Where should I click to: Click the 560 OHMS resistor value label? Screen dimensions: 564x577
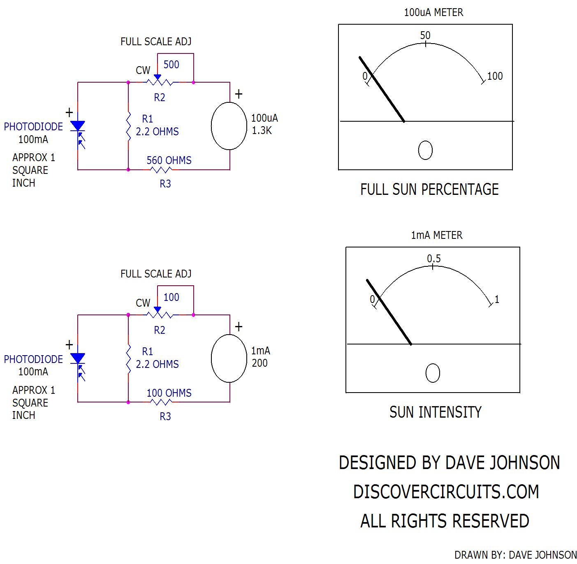pyautogui.click(x=169, y=160)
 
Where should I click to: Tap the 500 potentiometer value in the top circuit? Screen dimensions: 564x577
pyautogui.click(x=171, y=65)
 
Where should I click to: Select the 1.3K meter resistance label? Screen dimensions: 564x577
pyautogui.click(x=262, y=131)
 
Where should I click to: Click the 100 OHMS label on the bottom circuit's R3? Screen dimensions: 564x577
pyautogui.click(x=169, y=393)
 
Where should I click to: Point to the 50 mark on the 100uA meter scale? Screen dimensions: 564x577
pyautogui.click(x=425, y=36)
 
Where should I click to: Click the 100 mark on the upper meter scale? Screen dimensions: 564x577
pyautogui.click(x=495, y=76)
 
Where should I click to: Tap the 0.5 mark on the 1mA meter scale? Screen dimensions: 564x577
pyautogui.click(x=433, y=259)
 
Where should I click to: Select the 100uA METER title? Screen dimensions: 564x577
pyautogui.click(x=433, y=13)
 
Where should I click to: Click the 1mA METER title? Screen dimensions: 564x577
pyautogui.click(x=436, y=235)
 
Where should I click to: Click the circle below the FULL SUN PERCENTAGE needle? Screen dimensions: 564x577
pyautogui.click(x=425, y=150)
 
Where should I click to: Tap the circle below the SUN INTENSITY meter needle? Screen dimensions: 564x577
pyautogui.click(x=433, y=373)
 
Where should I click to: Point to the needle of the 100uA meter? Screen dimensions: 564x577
pyautogui.click(x=382, y=89)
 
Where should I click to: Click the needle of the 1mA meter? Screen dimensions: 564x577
pyautogui.click(x=389, y=312)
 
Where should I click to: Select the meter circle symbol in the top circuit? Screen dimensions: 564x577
pyautogui.click(x=229, y=126)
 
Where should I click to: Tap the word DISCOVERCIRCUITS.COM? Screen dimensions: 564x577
pyautogui.click(x=446, y=492)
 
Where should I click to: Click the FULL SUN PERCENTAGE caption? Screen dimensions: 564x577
pyautogui.click(x=429, y=190)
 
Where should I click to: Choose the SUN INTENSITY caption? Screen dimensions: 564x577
pyautogui.click(x=435, y=412)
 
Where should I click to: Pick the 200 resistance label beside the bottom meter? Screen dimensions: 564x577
pyautogui.click(x=260, y=363)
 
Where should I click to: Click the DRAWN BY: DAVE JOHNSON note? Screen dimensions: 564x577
pyautogui.click(x=515, y=555)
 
